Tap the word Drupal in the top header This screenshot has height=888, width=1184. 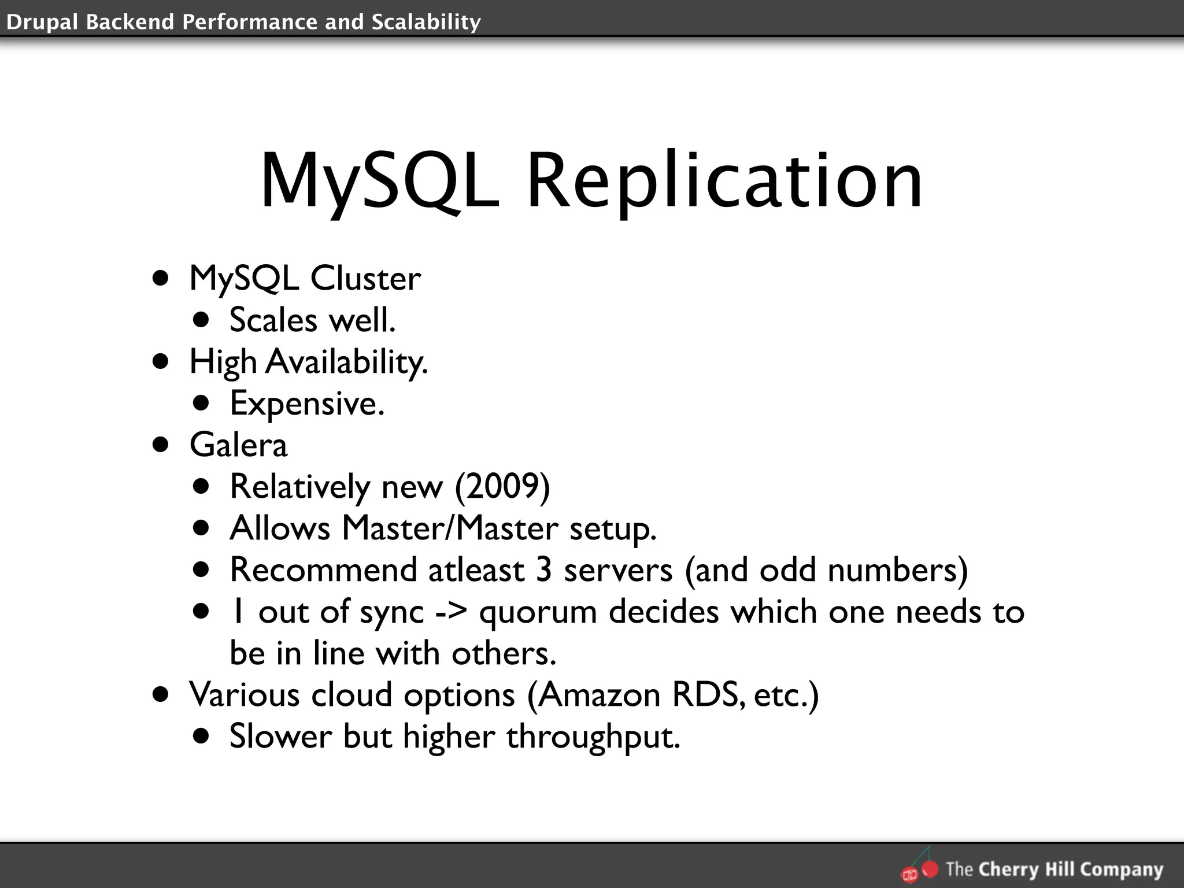42,22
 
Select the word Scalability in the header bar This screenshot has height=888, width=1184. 426,22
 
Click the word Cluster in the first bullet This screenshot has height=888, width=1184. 365,279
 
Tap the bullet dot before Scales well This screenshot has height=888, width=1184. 201,320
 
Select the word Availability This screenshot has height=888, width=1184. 347,362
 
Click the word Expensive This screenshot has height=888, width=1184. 307,404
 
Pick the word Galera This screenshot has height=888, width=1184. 238,445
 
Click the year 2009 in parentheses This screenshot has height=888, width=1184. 502,487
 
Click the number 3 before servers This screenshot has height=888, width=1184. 543,570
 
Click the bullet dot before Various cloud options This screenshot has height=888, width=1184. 161,694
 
